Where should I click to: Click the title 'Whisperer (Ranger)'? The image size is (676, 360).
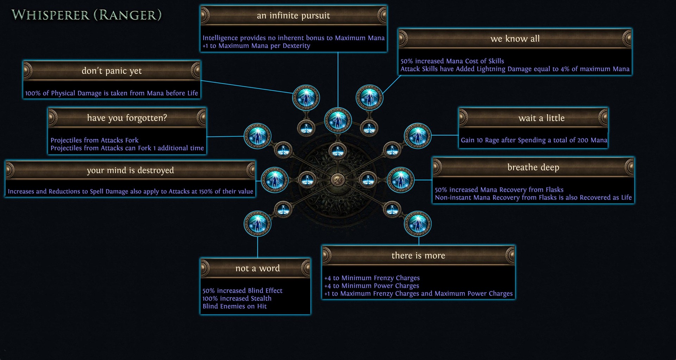87,15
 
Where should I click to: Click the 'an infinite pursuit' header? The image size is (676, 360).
293,15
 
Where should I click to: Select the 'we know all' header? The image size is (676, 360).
515,39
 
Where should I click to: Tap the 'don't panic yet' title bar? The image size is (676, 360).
112,71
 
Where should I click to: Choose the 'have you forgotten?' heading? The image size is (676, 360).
127,118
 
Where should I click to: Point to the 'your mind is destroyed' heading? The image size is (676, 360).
130,170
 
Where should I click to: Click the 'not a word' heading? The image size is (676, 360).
257,268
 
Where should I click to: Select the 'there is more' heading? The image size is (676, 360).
418,256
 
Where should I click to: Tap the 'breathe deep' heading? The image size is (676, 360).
533,167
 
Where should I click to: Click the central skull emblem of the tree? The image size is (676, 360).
338,180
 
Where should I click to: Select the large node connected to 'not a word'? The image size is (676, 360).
257,224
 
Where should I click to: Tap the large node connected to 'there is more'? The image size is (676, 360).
418,224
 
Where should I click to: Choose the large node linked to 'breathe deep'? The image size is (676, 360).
401,180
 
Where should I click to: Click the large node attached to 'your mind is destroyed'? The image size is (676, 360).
275,180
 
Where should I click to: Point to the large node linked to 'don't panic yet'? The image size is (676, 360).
306,98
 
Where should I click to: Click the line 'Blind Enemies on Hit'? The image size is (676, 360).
234,306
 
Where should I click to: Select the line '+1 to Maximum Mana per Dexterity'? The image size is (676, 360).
256,46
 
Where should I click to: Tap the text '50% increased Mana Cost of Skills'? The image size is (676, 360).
452,61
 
